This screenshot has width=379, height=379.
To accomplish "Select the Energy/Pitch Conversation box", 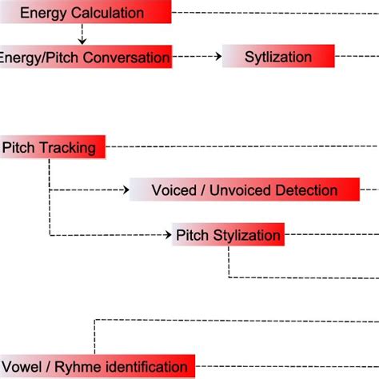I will [x=86, y=57].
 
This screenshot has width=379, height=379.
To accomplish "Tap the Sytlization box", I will [x=277, y=57].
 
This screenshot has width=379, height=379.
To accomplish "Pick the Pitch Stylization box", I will [x=228, y=235].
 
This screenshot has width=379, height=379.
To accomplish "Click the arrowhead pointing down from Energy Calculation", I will [x=82, y=39].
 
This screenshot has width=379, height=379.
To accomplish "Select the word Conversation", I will [x=126, y=58].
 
